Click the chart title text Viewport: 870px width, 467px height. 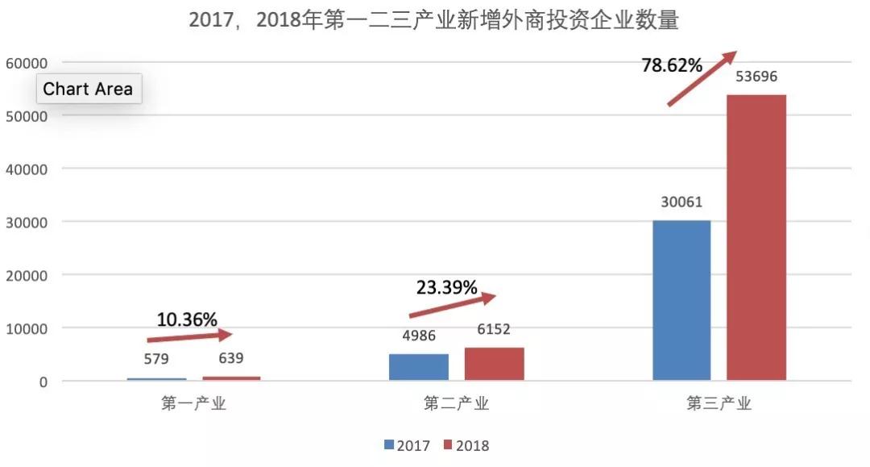[434, 20]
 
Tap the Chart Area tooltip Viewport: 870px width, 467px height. [88, 89]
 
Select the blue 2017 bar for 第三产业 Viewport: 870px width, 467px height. [681, 300]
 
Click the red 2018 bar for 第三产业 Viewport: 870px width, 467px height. [756, 237]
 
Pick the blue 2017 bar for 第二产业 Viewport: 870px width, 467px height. [418, 367]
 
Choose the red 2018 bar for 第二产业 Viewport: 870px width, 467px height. [494, 364]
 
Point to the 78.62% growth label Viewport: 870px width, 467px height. [672, 65]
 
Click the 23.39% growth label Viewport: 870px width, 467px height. [446, 287]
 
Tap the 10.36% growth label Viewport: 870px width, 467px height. [187, 319]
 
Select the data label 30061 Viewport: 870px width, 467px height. [681, 203]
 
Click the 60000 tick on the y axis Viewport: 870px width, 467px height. [26, 63]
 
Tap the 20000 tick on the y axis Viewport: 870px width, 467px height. [26, 275]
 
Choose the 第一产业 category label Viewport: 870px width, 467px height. [193, 404]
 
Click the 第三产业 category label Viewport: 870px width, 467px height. [719, 404]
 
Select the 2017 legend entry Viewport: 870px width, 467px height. [408, 445]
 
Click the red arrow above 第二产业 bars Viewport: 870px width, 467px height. [452, 306]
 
